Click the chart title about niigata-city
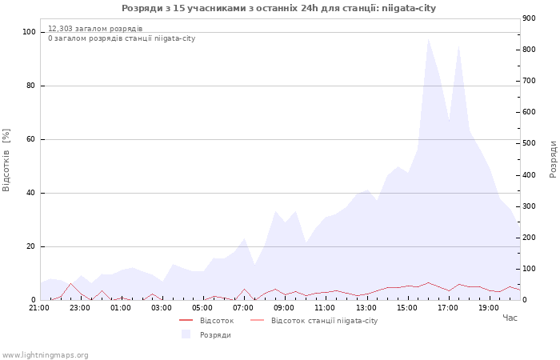(x=279, y=8)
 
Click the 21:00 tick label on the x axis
(x=39, y=307)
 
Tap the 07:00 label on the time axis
(x=243, y=307)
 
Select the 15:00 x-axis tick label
(x=407, y=307)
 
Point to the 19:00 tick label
(x=489, y=307)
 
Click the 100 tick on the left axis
(x=29, y=32)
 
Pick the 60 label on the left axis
(x=31, y=139)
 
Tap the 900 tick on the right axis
(x=529, y=18)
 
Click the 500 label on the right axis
(x=529, y=143)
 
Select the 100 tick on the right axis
(x=529, y=269)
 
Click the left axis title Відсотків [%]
(x=6, y=160)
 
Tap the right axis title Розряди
(x=553, y=158)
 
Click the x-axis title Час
(x=510, y=318)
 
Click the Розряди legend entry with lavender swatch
(x=214, y=334)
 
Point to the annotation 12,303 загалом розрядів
(x=95, y=28)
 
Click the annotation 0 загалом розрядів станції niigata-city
(x=122, y=38)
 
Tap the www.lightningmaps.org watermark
(x=46, y=354)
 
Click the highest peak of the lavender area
(x=428, y=38)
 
